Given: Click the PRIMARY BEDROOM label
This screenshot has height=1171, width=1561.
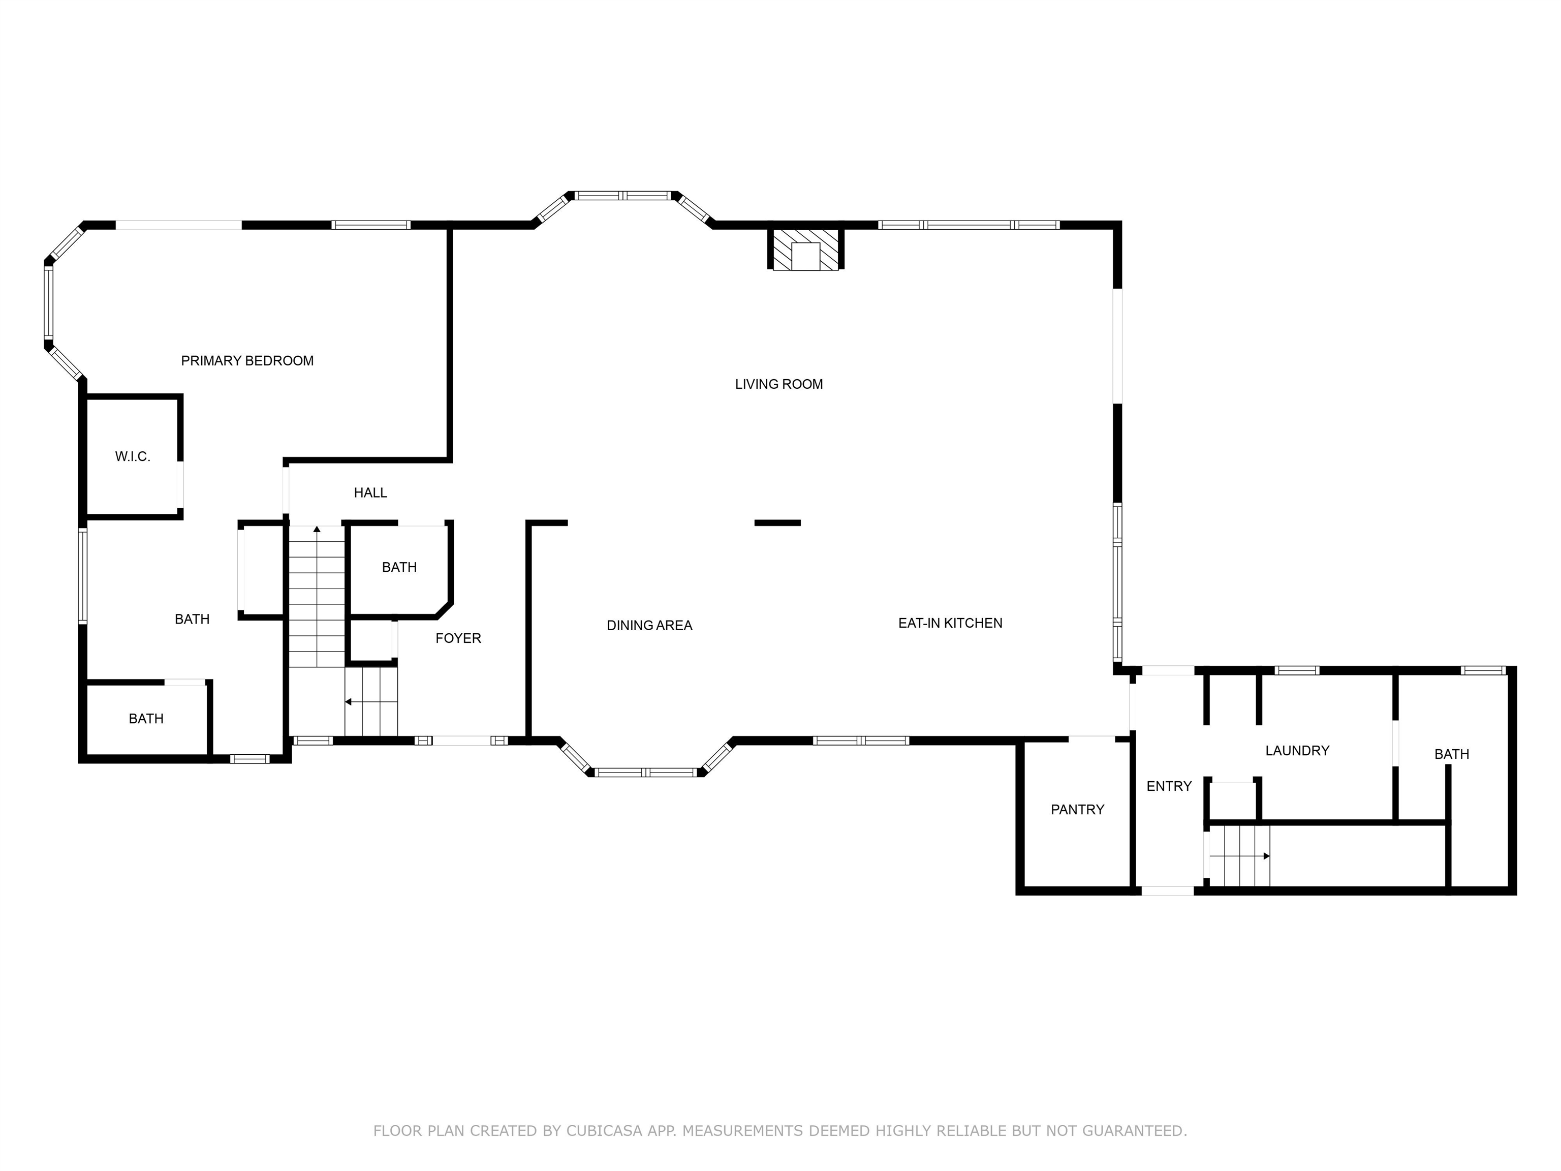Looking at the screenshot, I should pos(247,361).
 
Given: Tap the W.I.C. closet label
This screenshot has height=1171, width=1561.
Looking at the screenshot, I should pos(133,457).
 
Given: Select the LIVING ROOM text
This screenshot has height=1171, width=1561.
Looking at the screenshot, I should pos(778,384).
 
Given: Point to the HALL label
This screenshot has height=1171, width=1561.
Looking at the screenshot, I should pos(370,492).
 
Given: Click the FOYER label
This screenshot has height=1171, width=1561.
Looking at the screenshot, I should pos(458,638).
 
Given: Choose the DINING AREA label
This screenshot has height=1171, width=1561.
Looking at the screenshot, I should pos(649,625).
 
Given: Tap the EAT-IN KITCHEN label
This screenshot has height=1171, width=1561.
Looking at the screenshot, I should pos(950,623).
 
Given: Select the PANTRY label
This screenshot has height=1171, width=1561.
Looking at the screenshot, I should pos(1077,810).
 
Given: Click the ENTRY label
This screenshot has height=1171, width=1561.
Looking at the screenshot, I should pos(1169,786).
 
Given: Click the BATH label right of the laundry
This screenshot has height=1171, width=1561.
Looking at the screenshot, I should pos(1452,755).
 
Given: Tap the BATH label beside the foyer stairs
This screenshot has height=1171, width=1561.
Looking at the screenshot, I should pos(399,568).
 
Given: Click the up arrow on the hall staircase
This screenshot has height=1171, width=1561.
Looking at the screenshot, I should pos(317,529).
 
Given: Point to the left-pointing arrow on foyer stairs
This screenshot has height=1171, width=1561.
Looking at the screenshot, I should pos(348,701).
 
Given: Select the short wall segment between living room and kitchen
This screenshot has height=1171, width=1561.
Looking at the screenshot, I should pos(777,523).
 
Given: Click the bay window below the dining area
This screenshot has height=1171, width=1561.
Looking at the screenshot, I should pos(646,773).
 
